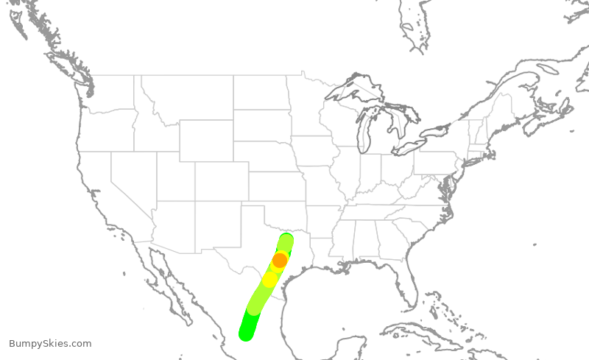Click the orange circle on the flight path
pos(280,260)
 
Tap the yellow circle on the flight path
pos(270,280)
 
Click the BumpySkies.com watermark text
pos(50,343)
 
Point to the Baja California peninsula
pos(166,276)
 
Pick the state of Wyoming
pos(206,141)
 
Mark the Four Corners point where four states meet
pos(196,201)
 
